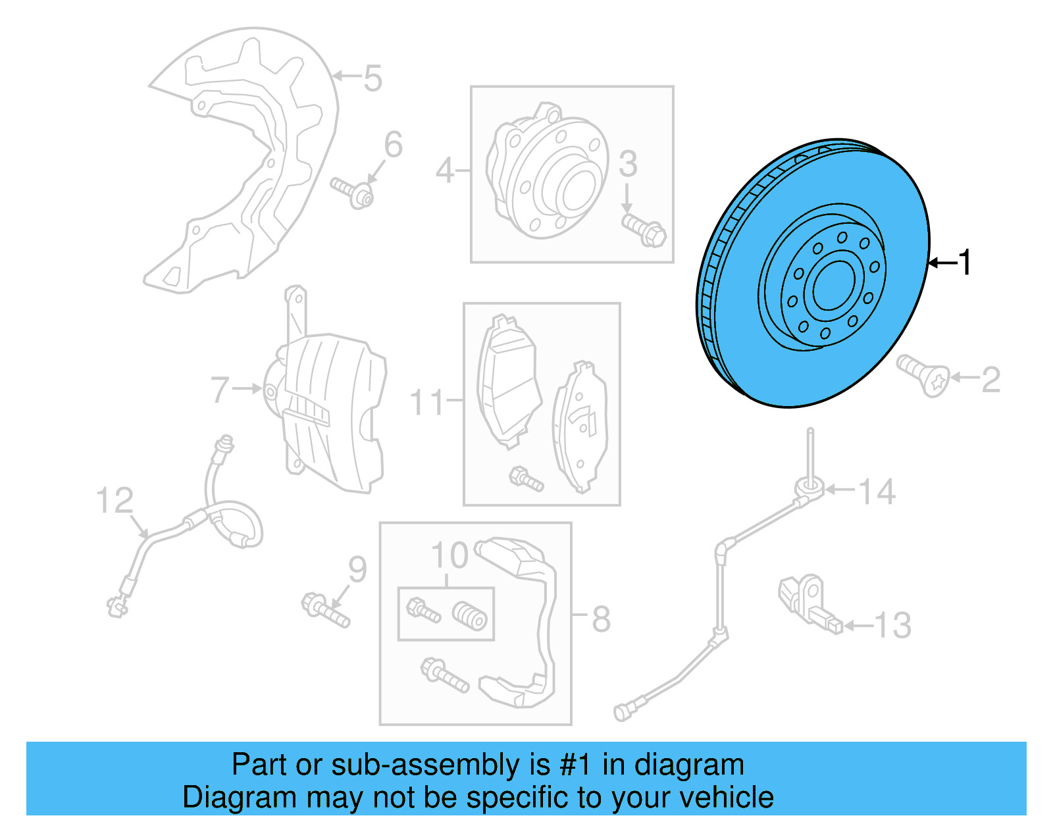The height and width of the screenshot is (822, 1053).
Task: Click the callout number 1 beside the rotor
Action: (x=965, y=263)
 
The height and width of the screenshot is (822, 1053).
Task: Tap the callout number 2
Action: (x=990, y=380)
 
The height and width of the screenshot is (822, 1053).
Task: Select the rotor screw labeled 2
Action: (x=924, y=376)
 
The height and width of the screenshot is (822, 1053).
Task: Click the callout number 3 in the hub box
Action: (x=628, y=164)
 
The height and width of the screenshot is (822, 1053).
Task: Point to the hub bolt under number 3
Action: (x=644, y=230)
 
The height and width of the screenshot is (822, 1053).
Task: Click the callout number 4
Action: (x=445, y=172)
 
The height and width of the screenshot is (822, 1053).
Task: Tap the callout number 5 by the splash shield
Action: (x=372, y=79)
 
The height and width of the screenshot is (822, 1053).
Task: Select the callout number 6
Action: (x=394, y=145)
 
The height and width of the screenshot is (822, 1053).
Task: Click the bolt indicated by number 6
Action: (x=353, y=192)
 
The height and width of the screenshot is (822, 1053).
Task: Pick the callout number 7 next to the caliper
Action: (x=220, y=390)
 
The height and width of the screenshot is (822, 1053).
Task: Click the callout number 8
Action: (x=601, y=619)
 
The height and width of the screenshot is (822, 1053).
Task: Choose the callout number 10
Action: (x=449, y=556)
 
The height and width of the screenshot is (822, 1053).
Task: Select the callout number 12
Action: (x=115, y=501)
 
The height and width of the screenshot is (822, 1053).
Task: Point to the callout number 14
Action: (x=877, y=492)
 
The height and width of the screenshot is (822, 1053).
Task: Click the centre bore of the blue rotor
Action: (x=833, y=286)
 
